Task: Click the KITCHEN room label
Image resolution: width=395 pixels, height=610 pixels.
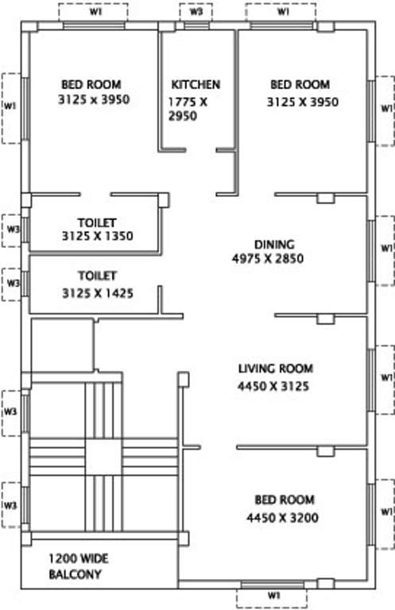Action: point(196,84)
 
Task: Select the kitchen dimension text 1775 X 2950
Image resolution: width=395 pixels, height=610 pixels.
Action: point(189,109)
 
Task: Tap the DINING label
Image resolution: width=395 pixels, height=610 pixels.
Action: point(274,245)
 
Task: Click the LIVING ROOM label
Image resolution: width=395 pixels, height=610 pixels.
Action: point(276,369)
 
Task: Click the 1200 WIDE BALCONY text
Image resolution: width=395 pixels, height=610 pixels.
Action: point(75,566)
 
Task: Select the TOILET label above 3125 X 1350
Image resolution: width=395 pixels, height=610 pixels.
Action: point(97,223)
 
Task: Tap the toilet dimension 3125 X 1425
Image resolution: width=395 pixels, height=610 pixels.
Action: point(97,293)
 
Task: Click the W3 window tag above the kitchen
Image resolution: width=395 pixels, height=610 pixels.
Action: point(196,13)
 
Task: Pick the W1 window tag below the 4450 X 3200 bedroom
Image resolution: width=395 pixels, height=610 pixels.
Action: point(272,594)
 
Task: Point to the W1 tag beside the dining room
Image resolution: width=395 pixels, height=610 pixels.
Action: point(385,249)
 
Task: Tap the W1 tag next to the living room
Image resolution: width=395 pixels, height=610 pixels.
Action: point(385,376)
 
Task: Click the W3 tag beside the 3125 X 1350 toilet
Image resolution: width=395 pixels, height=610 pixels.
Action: point(12,229)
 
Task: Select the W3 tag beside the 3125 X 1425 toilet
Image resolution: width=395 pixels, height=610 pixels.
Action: point(12,282)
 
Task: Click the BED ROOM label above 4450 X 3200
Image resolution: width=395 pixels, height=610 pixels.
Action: point(285,500)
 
